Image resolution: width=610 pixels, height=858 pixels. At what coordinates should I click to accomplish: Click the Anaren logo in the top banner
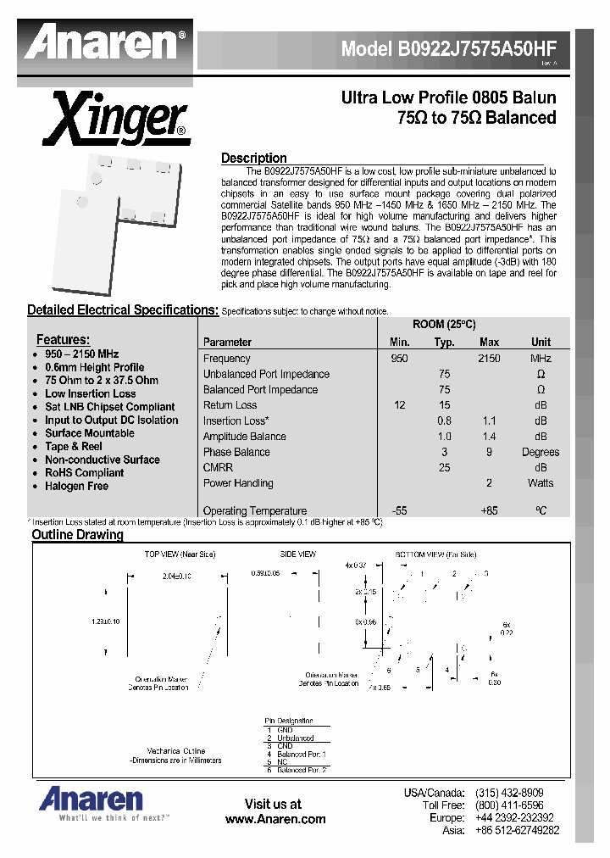coord(106,42)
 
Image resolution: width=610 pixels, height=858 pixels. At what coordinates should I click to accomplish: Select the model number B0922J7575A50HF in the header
coord(448,49)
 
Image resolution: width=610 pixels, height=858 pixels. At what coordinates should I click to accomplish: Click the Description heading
coord(254,158)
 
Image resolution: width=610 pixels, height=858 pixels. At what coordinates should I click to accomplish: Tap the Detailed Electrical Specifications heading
coord(123,310)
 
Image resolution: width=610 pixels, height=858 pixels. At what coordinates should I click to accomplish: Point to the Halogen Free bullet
coord(76,486)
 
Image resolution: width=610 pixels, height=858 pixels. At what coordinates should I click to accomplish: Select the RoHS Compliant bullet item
coord(84,473)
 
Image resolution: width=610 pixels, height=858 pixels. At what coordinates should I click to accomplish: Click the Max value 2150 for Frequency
coord(489,359)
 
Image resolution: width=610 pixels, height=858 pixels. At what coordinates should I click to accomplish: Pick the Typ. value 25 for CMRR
coord(444,467)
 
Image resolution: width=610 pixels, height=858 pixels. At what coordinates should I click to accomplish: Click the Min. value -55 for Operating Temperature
coord(400,510)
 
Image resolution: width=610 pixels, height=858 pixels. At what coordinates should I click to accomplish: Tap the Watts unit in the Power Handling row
coord(541,483)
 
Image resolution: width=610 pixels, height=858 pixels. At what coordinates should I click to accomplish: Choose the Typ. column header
coord(444,343)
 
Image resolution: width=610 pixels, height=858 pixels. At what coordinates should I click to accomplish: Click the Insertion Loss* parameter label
coord(236,421)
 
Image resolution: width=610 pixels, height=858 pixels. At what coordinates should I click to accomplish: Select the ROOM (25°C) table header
coord(444,325)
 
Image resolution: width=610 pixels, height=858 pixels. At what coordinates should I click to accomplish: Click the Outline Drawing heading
coord(77,535)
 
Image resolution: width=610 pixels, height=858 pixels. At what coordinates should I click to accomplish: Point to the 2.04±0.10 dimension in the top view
coord(178,575)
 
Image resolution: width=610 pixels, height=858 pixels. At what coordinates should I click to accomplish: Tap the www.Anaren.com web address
coord(275,819)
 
